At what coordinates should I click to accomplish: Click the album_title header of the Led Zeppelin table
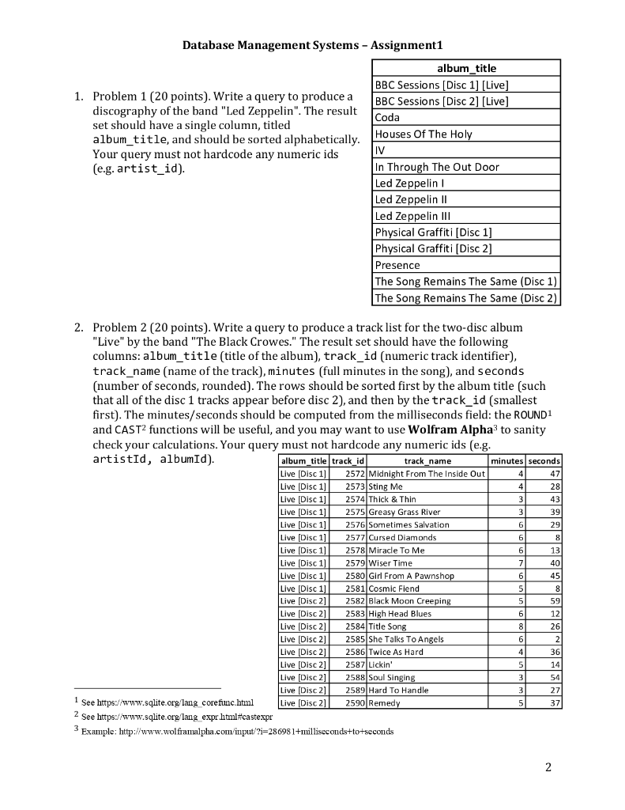click(465, 68)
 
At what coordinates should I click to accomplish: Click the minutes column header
click(507, 460)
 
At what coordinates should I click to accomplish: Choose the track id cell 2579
click(353, 562)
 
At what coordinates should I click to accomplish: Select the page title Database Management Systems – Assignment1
click(312, 45)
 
